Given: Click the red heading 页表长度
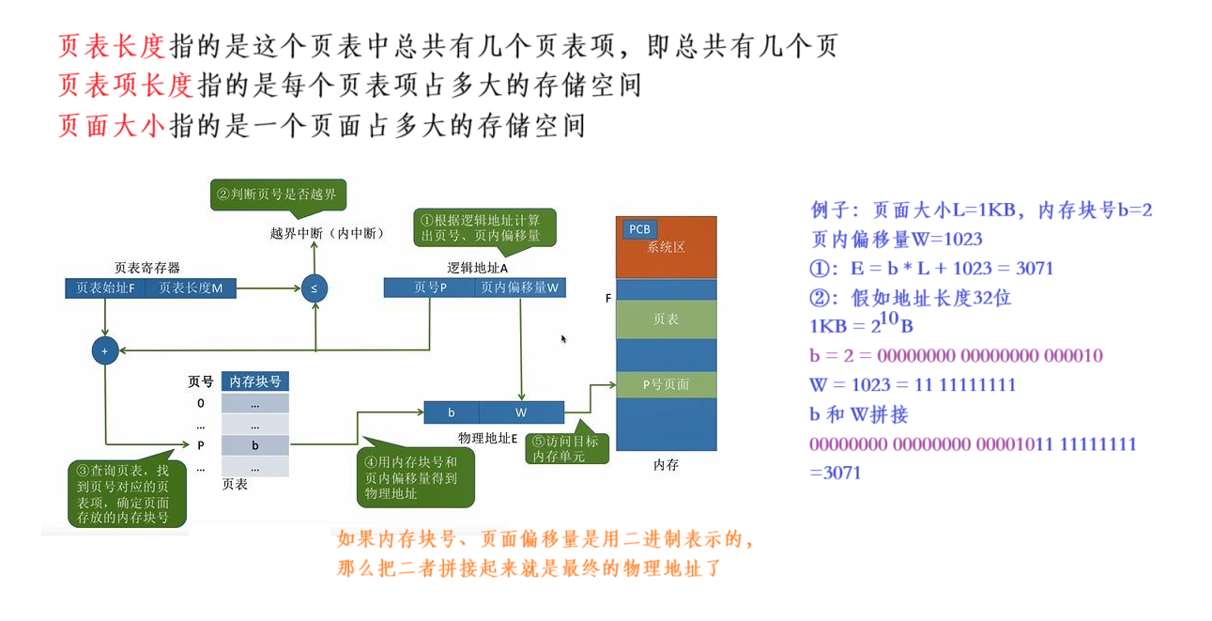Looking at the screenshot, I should point(111,46).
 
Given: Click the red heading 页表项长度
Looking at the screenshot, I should point(125,85).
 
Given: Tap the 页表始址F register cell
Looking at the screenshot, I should point(106,288).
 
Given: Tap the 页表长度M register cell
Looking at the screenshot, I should point(191,288).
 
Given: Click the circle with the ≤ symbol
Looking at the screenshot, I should point(315,288).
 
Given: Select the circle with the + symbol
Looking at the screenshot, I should point(104,351).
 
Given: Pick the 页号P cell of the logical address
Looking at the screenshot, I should point(429,288).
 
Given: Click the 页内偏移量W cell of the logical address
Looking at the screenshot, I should point(519,288).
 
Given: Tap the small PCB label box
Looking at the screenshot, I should point(638,229).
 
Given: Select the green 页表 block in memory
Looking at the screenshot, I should point(666,319).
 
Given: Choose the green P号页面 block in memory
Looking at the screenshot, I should point(666,384).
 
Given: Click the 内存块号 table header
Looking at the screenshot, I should point(255,381).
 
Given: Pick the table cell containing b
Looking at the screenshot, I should point(255,445).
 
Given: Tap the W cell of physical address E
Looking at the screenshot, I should point(521,412).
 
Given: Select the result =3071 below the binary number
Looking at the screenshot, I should point(836,473).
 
